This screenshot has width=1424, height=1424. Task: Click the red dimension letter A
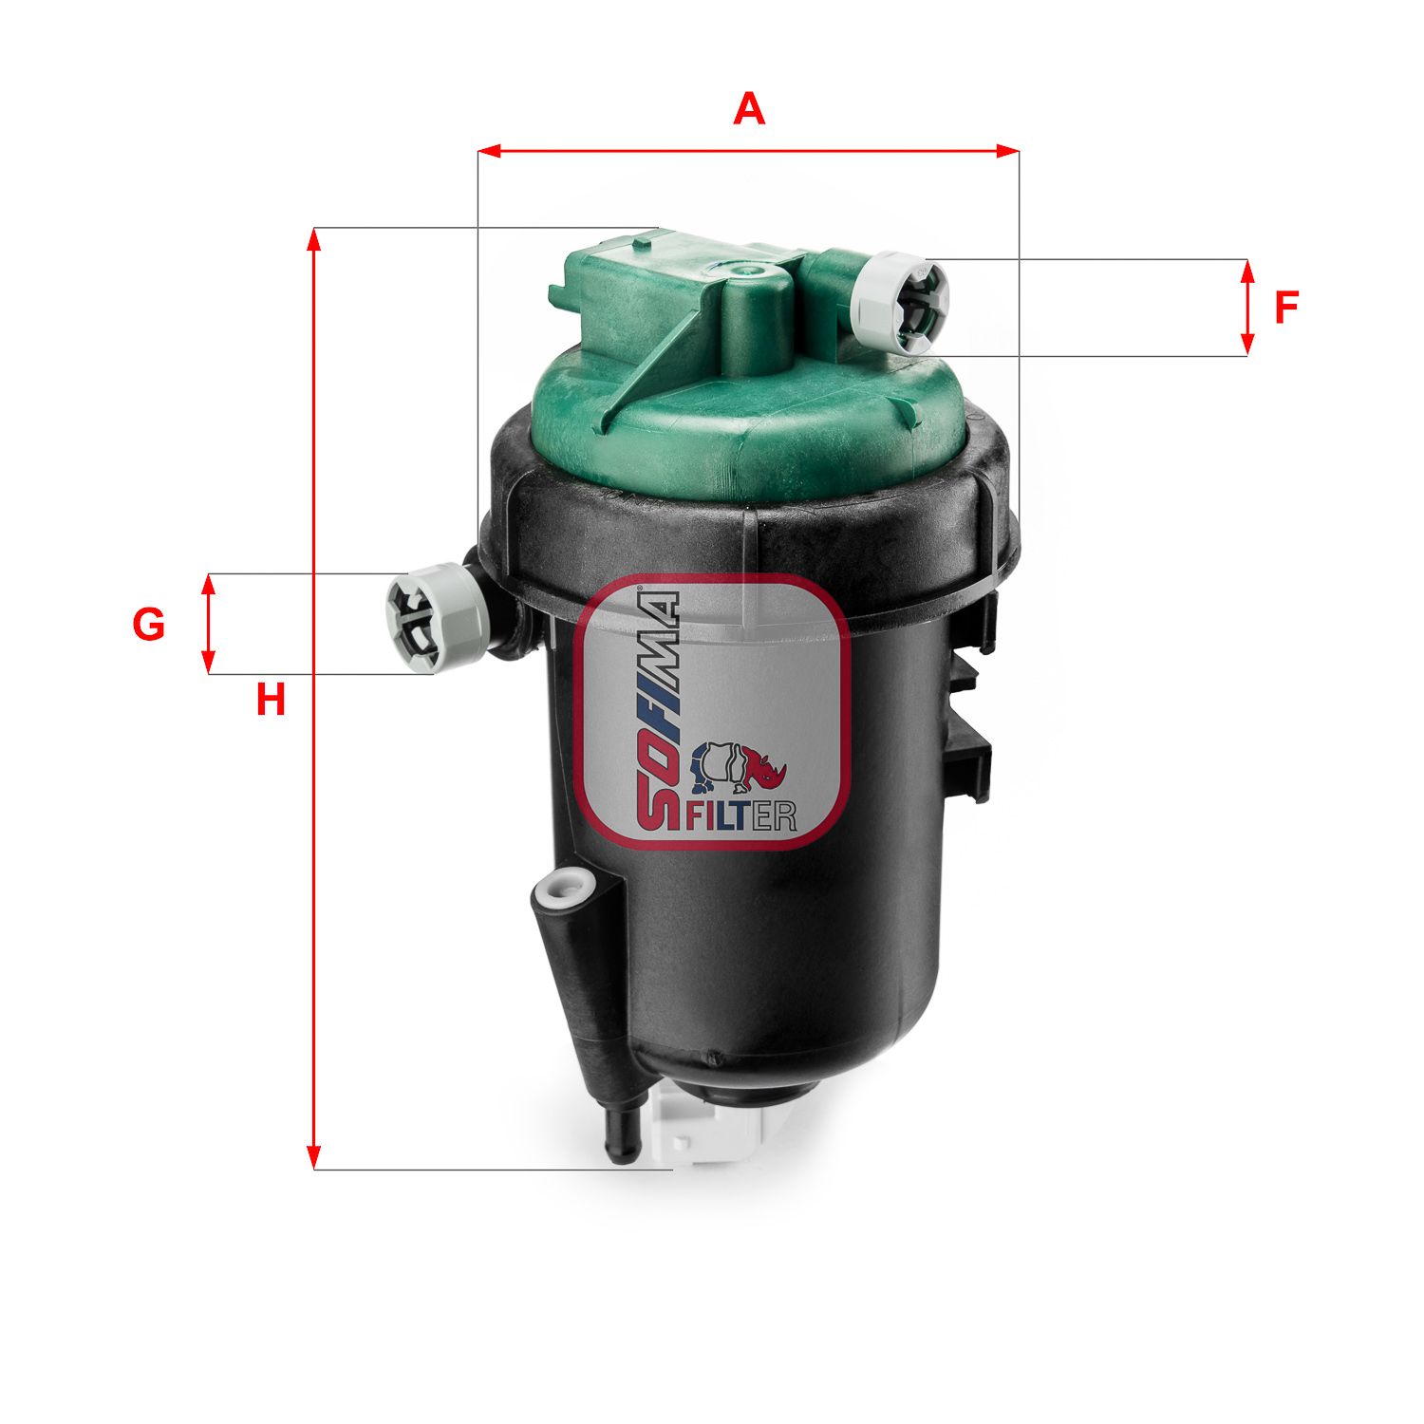[749, 109]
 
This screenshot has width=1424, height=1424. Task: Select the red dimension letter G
[149, 625]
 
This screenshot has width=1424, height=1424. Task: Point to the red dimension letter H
[271, 701]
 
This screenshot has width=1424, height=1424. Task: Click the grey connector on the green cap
[900, 303]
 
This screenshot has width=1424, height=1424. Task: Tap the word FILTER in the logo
[740, 815]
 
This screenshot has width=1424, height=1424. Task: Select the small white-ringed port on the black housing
[563, 890]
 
